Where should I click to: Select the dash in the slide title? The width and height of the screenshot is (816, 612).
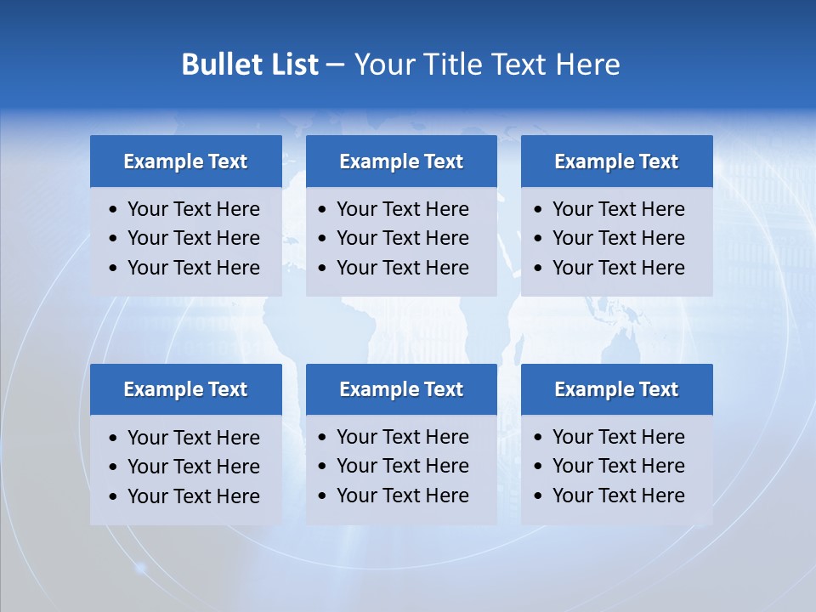(335, 65)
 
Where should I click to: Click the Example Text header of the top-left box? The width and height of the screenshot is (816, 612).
(185, 161)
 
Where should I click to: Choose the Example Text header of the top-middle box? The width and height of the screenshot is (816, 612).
(401, 161)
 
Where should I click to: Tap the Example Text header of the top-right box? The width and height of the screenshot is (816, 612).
(616, 161)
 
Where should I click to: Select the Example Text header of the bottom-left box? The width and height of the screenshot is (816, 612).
(185, 389)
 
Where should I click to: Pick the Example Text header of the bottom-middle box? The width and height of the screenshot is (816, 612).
(401, 389)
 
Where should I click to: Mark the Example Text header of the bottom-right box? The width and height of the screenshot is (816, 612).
(616, 389)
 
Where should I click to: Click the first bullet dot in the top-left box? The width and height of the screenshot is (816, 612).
(114, 210)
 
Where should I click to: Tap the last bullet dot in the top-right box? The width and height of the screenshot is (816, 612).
(539, 269)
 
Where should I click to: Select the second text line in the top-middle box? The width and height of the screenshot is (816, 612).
(402, 238)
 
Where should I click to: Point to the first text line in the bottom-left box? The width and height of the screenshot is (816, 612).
(193, 438)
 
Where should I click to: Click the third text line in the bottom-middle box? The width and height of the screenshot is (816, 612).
(402, 496)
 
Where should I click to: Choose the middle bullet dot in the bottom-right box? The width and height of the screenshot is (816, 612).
(539, 467)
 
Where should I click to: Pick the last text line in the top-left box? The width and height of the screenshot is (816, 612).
(193, 268)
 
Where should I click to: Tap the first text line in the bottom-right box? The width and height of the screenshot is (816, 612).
(618, 437)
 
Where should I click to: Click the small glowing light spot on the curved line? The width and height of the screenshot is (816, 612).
(141, 567)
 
